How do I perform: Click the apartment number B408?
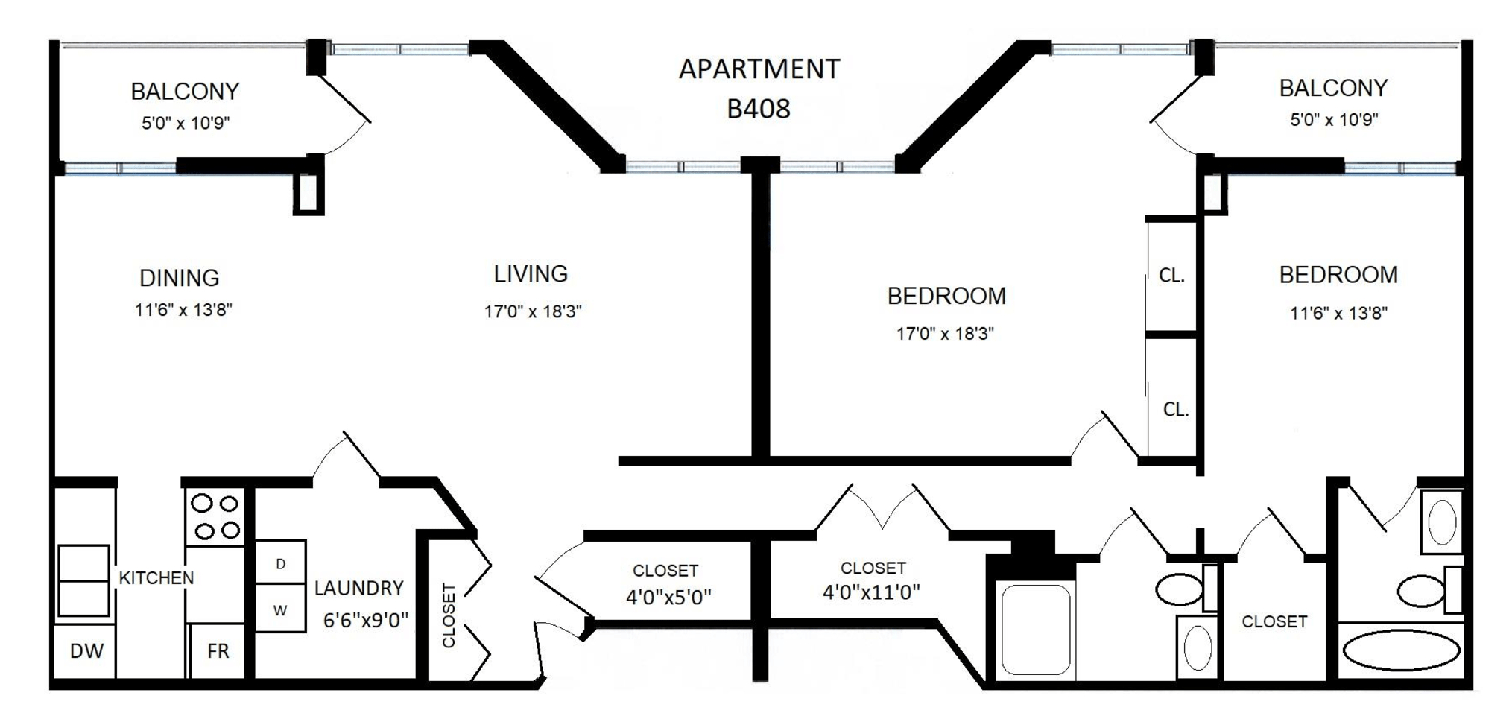pyautogui.click(x=758, y=109)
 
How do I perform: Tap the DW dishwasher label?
pyautogui.click(x=86, y=650)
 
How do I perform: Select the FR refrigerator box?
pyautogui.click(x=217, y=650)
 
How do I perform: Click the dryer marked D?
pyautogui.click(x=280, y=562)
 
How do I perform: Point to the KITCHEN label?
pyautogui.click(x=156, y=577)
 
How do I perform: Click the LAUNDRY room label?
pyautogui.click(x=358, y=588)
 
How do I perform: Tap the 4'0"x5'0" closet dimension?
pyautogui.click(x=668, y=597)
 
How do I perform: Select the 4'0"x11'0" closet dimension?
pyautogui.click(x=871, y=592)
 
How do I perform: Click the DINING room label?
pyautogui.click(x=180, y=278)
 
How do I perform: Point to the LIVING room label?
pyautogui.click(x=531, y=273)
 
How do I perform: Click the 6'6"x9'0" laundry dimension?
pyautogui.click(x=366, y=620)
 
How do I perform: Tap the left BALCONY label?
pyautogui.click(x=185, y=91)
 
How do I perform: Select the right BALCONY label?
pyautogui.click(x=1333, y=88)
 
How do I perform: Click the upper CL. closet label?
pyautogui.click(x=1171, y=276)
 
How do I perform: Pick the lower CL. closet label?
pyautogui.click(x=1176, y=410)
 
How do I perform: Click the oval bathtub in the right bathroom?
pyautogui.click(x=1401, y=651)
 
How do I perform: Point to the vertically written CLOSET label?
pyautogui.click(x=449, y=615)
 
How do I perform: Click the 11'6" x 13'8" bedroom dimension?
pyautogui.click(x=1338, y=313)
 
